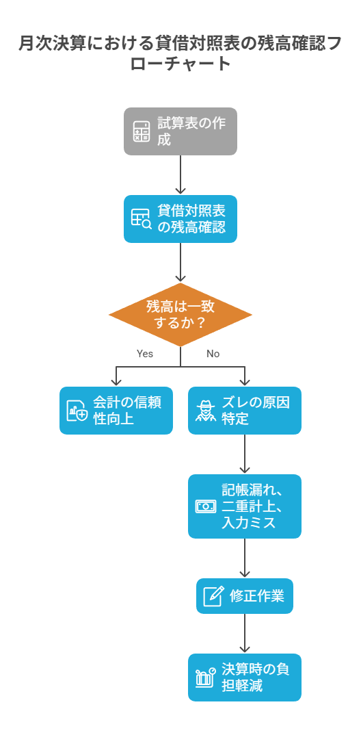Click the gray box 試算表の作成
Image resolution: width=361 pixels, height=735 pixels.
[x=180, y=131]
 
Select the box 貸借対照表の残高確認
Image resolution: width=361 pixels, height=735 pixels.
[x=180, y=219]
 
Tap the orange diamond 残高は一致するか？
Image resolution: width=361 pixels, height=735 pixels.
[x=180, y=315]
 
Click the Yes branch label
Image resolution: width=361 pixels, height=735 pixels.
[x=145, y=353]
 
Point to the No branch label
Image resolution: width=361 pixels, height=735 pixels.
[x=213, y=353]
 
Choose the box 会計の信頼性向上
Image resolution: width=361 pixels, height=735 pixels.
[x=116, y=410]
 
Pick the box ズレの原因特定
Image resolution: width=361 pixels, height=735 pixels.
[x=244, y=410]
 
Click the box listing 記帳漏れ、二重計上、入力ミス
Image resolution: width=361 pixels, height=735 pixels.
[x=244, y=506]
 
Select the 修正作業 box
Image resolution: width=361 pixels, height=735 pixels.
[x=244, y=596]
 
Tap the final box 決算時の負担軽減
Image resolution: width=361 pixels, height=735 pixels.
[x=244, y=678]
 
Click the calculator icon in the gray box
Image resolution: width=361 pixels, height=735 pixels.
[x=141, y=131]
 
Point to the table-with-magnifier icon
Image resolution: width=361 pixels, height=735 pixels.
[x=141, y=219]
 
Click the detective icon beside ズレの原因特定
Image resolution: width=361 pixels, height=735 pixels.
[x=205, y=411]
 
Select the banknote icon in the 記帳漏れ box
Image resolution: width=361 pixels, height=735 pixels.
[x=205, y=506]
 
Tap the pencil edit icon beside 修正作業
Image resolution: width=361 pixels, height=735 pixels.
[x=213, y=596]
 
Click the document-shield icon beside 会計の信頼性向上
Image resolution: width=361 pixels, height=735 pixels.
[x=77, y=411]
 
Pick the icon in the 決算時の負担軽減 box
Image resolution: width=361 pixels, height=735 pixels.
[x=205, y=678]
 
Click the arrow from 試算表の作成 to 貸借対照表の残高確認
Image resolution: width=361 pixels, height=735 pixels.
[x=180, y=175]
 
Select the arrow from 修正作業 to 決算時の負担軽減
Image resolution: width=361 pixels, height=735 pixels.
[x=244, y=633]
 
